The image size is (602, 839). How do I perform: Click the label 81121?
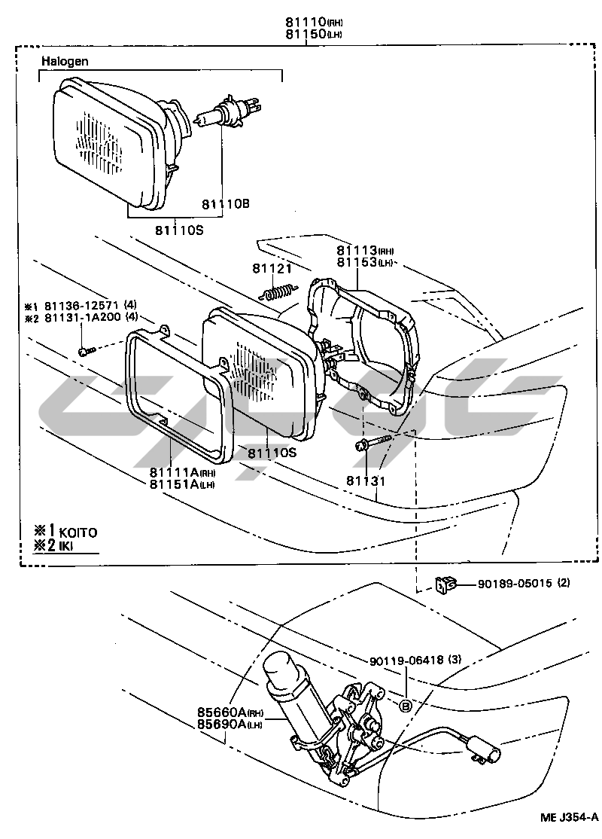click(272, 269)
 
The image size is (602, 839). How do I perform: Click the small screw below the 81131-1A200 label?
click(87, 350)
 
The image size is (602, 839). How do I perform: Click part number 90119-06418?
click(407, 661)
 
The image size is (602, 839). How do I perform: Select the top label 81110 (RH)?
click(312, 23)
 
